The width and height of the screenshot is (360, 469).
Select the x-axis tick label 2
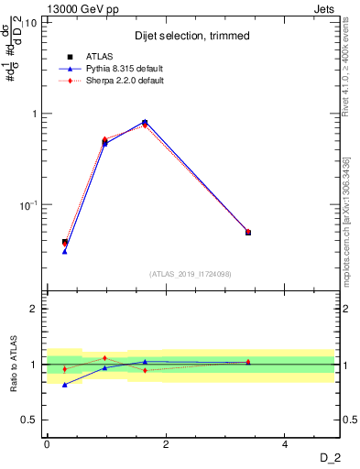coord(166,444)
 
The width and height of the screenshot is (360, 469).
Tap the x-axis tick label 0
coord(47,444)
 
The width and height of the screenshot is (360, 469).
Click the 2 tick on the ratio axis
coord(37,309)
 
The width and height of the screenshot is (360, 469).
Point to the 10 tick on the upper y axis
coord(31,23)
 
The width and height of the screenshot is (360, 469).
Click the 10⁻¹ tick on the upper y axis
coord(27,205)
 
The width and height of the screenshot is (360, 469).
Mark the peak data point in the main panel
coord(145,122)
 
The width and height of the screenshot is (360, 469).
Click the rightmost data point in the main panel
coord(247,233)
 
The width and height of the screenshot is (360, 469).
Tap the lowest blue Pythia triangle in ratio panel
coord(64,385)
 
